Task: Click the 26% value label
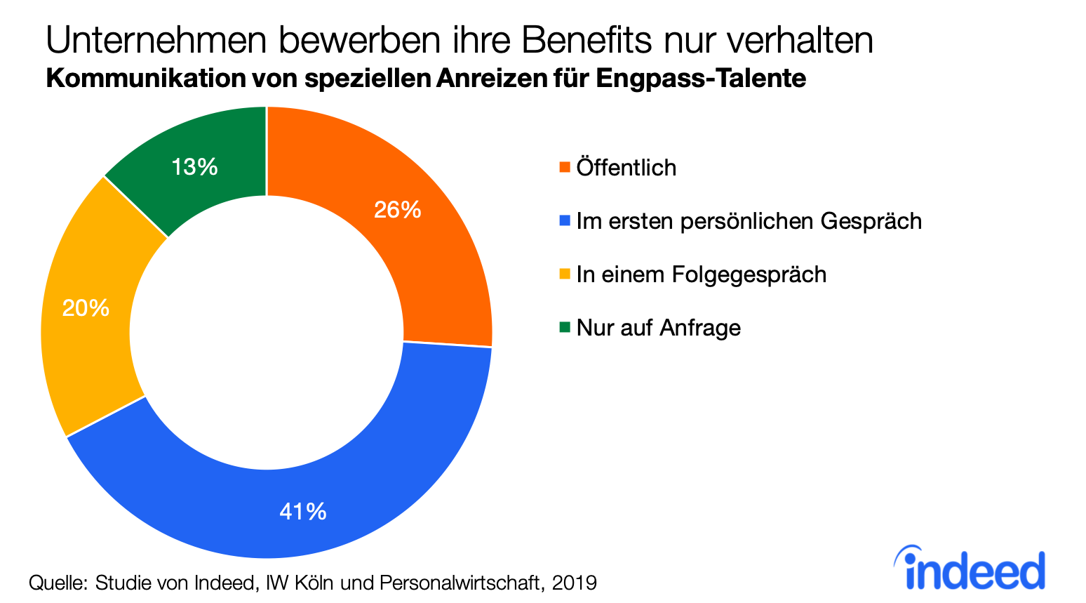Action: click(397, 210)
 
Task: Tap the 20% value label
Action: click(86, 308)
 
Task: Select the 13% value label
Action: click(194, 167)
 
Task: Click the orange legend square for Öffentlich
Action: click(564, 168)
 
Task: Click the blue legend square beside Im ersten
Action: click(564, 221)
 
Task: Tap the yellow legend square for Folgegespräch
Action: click(564, 274)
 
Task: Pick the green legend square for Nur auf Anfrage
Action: click(564, 327)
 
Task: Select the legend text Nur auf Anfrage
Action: click(658, 328)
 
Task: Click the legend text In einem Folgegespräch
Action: click(701, 274)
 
